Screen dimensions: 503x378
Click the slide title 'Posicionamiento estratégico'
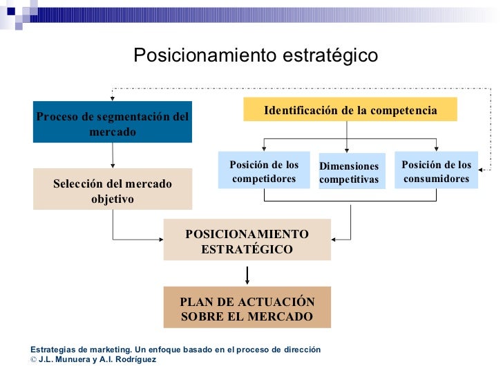pos(255,55)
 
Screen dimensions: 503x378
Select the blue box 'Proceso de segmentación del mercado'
pos(112,123)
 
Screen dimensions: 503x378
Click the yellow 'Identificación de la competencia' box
pos(350,110)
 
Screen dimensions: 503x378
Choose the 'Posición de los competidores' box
pos(264,171)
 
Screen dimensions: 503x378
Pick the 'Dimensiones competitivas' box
pos(349,172)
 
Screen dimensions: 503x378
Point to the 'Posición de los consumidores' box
pos(436,171)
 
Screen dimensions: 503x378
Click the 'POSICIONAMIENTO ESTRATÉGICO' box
pos(247,240)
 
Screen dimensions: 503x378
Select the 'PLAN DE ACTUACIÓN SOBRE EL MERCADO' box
pos(247,309)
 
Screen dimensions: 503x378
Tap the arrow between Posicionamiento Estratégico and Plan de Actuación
pos(247,274)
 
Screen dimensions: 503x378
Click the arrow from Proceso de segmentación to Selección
pos(113,156)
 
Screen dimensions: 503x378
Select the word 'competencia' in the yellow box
pos(403,111)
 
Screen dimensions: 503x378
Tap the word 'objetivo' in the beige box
pos(112,199)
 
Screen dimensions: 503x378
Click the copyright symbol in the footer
pos(34,360)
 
